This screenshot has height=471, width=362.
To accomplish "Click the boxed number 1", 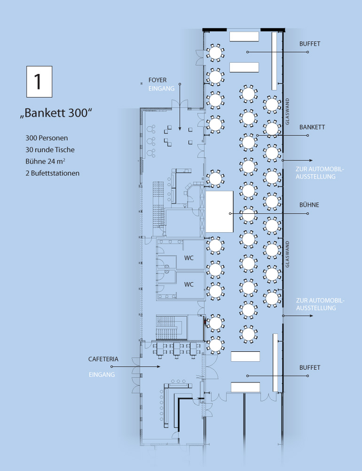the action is click(39, 81).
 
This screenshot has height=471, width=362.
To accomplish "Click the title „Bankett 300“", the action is click(56, 113).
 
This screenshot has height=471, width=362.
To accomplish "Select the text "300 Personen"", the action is click(47, 138).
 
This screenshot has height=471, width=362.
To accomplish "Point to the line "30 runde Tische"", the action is click(50, 150).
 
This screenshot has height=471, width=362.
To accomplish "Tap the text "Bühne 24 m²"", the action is click(45, 161).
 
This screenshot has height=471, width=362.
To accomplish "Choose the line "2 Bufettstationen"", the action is click(52, 173).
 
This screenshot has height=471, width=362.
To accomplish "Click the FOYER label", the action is click(157, 80).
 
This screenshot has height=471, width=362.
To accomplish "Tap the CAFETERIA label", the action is click(103, 359).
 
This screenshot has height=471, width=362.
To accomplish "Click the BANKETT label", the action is click(312, 127).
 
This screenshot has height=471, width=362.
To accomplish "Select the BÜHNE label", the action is click(309, 205).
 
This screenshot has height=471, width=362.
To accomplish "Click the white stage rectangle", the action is click(220, 211).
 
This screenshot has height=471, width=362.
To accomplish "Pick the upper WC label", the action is click(189, 258).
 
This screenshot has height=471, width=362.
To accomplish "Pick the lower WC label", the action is click(189, 284).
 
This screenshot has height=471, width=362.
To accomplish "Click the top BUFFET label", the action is click(309, 44).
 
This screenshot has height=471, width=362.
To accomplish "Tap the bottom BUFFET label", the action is click(309, 367).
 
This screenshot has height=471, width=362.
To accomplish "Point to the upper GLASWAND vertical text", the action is click(287, 112).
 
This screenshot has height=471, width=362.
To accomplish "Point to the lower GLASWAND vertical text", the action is click(287, 254).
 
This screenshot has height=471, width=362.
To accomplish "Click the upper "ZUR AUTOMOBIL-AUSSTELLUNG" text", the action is click(320, 173).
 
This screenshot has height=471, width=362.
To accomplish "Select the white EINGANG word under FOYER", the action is click(161, 89).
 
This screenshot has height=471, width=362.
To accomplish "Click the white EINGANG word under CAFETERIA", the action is click(102, 374).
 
